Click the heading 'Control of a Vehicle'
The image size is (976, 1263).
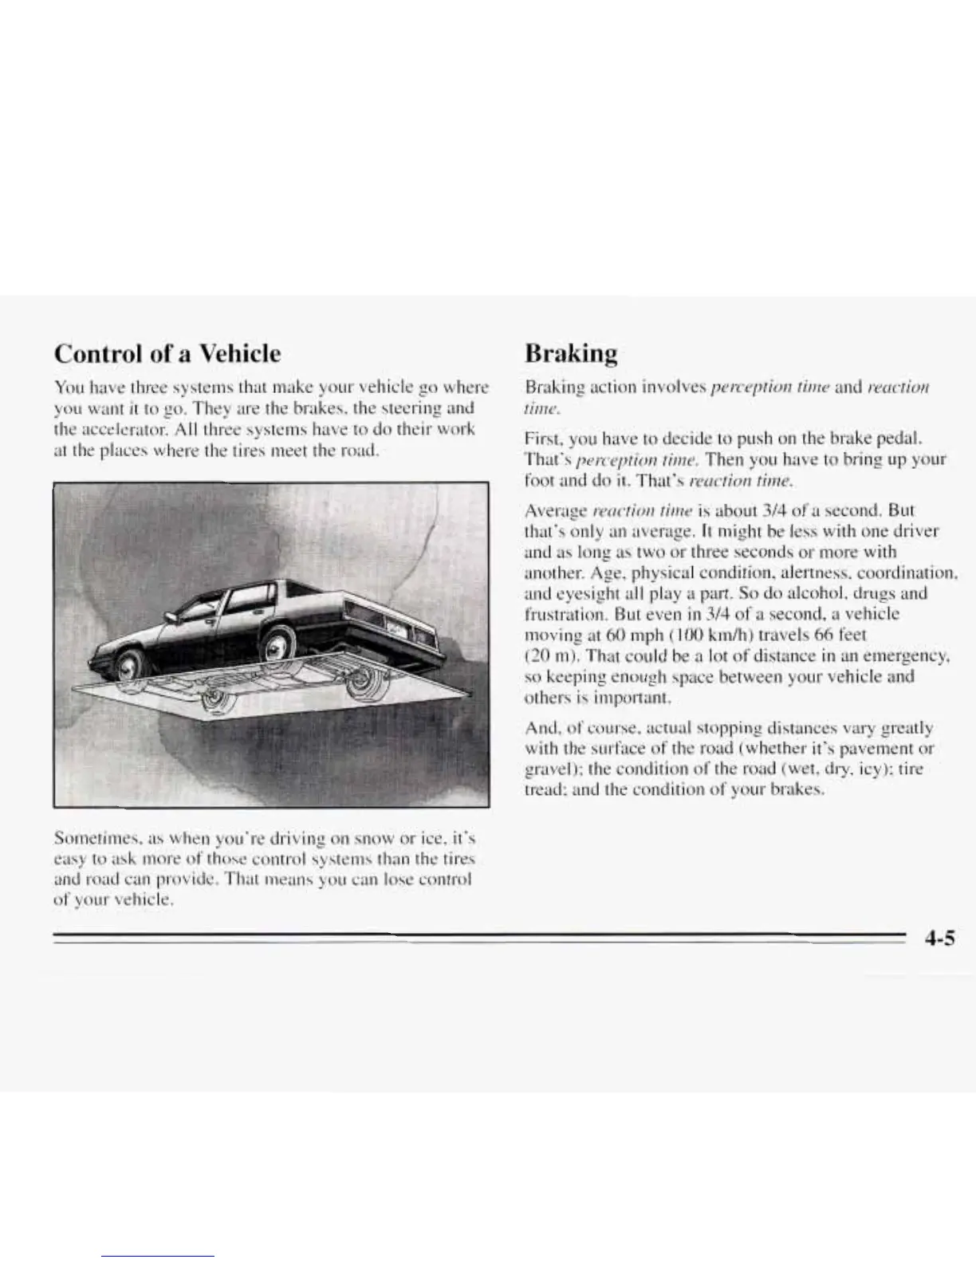[x=167, y=352]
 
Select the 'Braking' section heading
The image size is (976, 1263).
[x=571, y=352]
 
